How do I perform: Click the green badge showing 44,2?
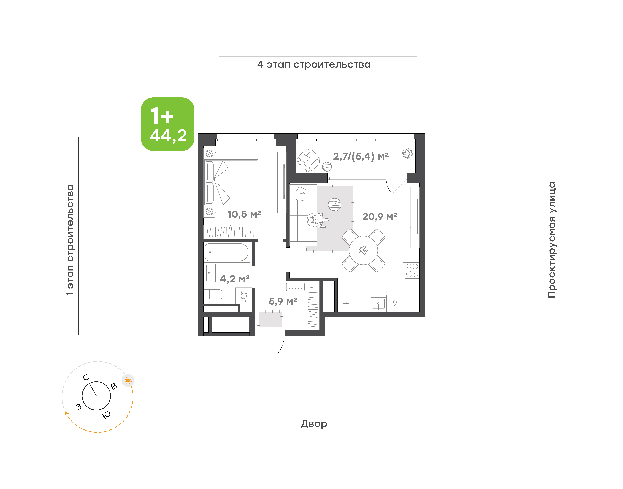pos(167,124)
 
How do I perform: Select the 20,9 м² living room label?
pos(380,216)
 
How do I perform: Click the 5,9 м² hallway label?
pos(283,301)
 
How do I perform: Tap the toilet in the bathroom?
pos(213,294)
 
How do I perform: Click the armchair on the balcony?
pos(308,161)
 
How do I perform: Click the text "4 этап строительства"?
pos(314,65)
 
